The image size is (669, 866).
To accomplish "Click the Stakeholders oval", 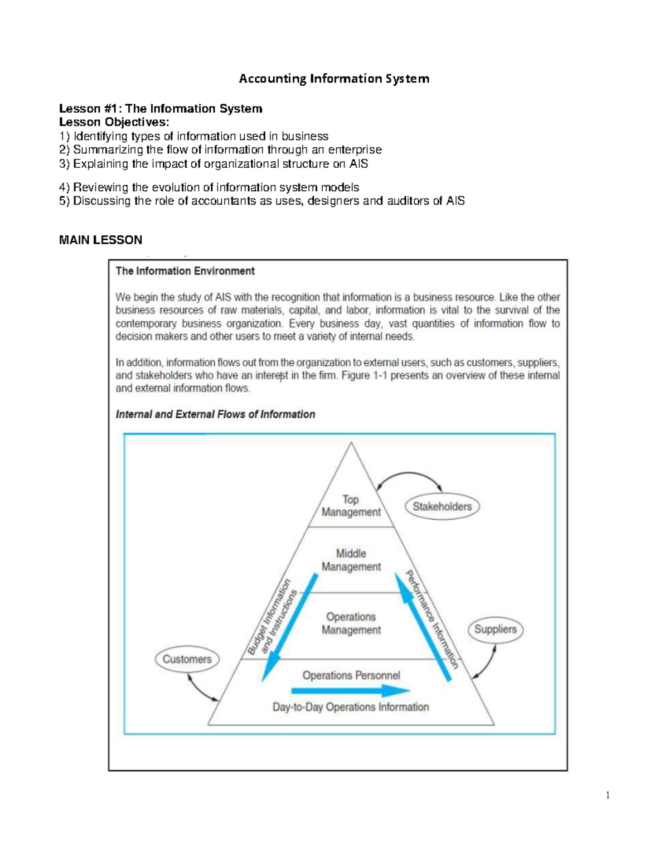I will tap(442, 506).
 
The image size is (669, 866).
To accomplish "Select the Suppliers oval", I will tap(495, 629).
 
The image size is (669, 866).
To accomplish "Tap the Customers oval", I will tap(187, 659).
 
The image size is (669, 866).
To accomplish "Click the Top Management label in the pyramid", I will tap(351, 506).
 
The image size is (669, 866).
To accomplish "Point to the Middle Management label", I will tap(351, 560).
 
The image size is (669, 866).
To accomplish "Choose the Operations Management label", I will tap(351, 623).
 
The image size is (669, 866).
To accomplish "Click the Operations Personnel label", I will tap(351, 675).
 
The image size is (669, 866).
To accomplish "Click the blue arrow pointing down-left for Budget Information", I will tap(289, 628).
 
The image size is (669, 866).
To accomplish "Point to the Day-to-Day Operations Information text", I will tap(351, 707).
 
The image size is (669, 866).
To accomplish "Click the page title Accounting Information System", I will tap(334, 79).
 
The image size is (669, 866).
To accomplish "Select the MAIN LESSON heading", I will tap(100, 240).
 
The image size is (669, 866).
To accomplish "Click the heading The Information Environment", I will tap(185, 271).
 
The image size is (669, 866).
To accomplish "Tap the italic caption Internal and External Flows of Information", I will tap(215, 414).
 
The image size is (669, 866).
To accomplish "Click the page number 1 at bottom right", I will tap(608, 795).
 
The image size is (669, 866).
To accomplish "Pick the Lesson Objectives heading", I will tap(114, 122).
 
